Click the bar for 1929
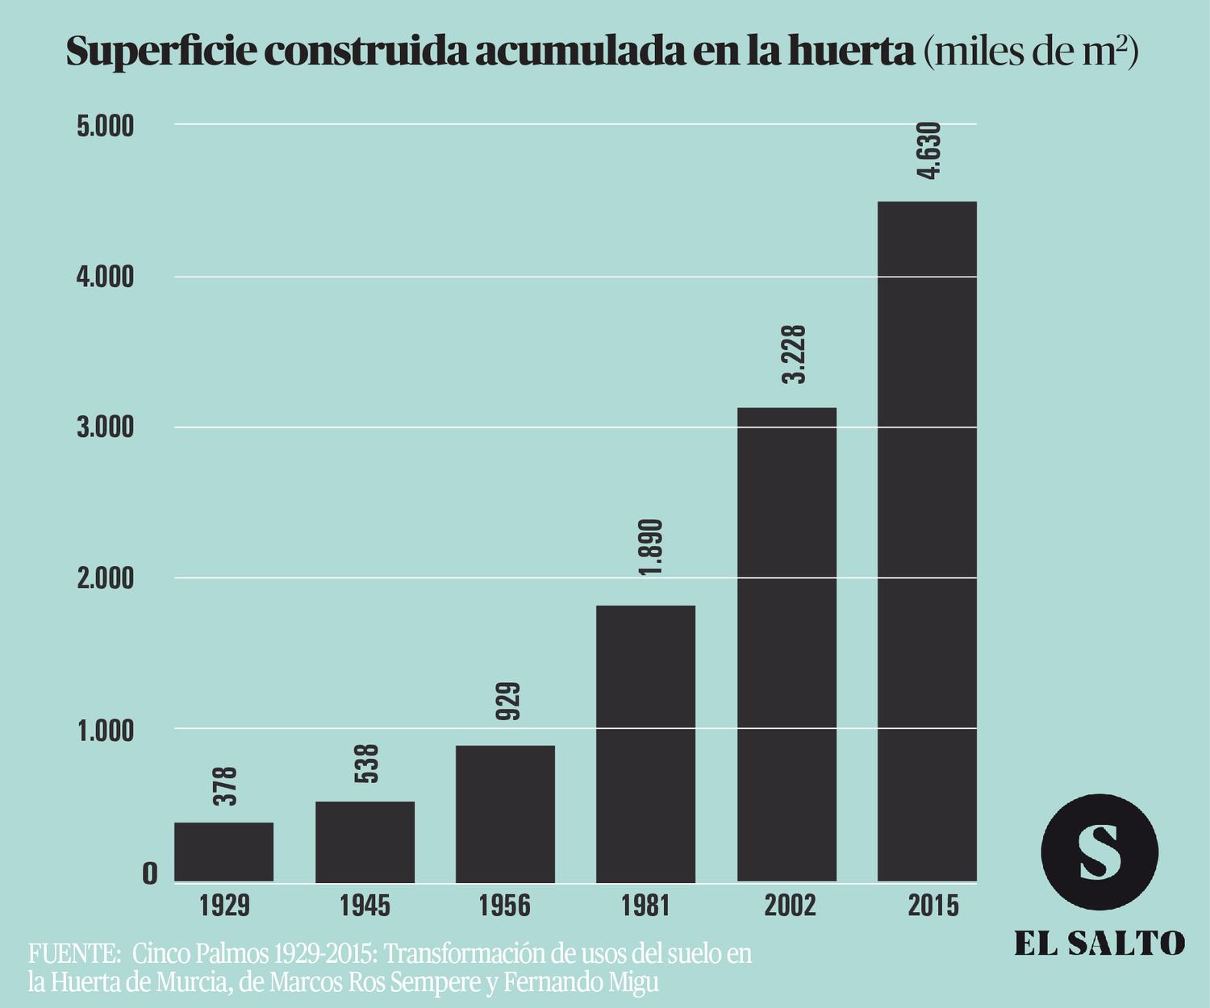tap(224, 852)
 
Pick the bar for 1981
tap(645, 743)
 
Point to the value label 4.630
tap(929, 150)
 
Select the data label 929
tap(507, 701)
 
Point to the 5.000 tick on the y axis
tap(105, 127)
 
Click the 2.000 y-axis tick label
tap(105, 579)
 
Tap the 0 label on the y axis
tap(149, 873)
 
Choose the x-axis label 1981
tap(645, 906)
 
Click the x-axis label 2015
tap(933, 906)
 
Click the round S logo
tap(1099, 852)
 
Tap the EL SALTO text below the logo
tap(1099, 943)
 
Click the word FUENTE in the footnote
tap(73, 954)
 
